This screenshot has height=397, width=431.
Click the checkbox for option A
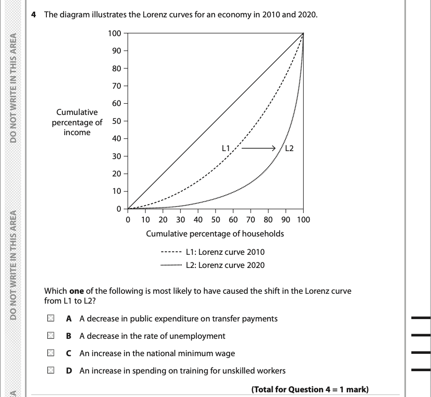point(50,319)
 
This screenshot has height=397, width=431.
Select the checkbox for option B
point(50,336)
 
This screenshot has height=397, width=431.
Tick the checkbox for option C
point(50,353)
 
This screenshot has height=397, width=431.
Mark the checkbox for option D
point(50,371)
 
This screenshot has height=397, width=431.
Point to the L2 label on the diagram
point(289,149)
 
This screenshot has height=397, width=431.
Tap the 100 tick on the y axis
point(114,33)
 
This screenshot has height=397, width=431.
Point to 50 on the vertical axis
point(116,121)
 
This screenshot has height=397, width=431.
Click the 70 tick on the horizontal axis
point(251,220)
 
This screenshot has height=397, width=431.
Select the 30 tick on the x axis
point(180,220)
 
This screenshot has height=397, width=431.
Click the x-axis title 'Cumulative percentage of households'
point(215,234)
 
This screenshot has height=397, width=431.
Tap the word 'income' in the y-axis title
point(77,132)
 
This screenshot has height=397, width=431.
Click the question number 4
point(34,15)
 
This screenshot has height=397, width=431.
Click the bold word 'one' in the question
point(76,291)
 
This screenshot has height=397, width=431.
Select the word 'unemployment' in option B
point(200,336)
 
